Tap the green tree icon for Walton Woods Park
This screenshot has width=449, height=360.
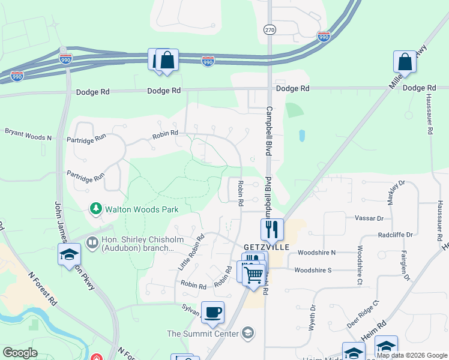point(95,209)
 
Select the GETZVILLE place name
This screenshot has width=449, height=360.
point(267,247)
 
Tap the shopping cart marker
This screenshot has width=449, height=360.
point(255,274)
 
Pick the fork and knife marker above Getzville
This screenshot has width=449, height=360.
point(272,229)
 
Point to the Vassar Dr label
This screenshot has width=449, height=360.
point(369,218)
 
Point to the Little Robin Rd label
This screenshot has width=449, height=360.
point(191,252)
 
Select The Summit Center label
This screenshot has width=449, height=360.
point(202,334)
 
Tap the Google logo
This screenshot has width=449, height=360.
point(20,352)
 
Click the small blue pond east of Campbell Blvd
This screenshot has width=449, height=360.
point(301,136)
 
